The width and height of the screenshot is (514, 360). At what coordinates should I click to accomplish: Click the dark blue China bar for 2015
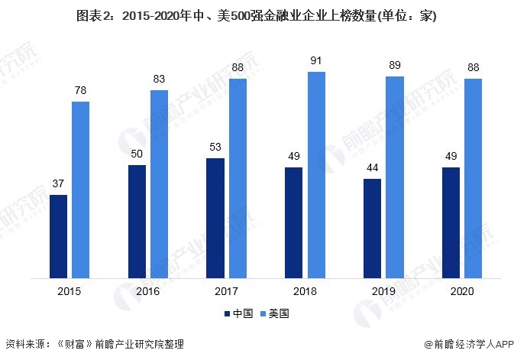click(58, 236)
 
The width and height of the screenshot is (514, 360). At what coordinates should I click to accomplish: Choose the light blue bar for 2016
click(159, 183)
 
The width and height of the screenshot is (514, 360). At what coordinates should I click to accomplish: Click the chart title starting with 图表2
click(257, 17)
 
